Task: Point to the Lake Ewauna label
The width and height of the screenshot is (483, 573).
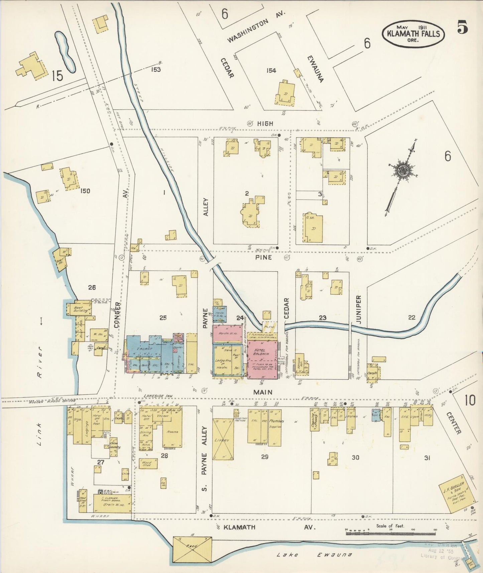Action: (x=314, y=555)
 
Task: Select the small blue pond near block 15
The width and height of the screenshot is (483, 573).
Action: (x=65, y=51)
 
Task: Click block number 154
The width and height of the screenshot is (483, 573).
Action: (x=271, y=71)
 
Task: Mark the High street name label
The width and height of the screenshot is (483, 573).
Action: (x=265, y=124)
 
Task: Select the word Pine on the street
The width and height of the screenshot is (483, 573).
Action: (x=263, y=257)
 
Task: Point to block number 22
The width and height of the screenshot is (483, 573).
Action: (x=411, y=318)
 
